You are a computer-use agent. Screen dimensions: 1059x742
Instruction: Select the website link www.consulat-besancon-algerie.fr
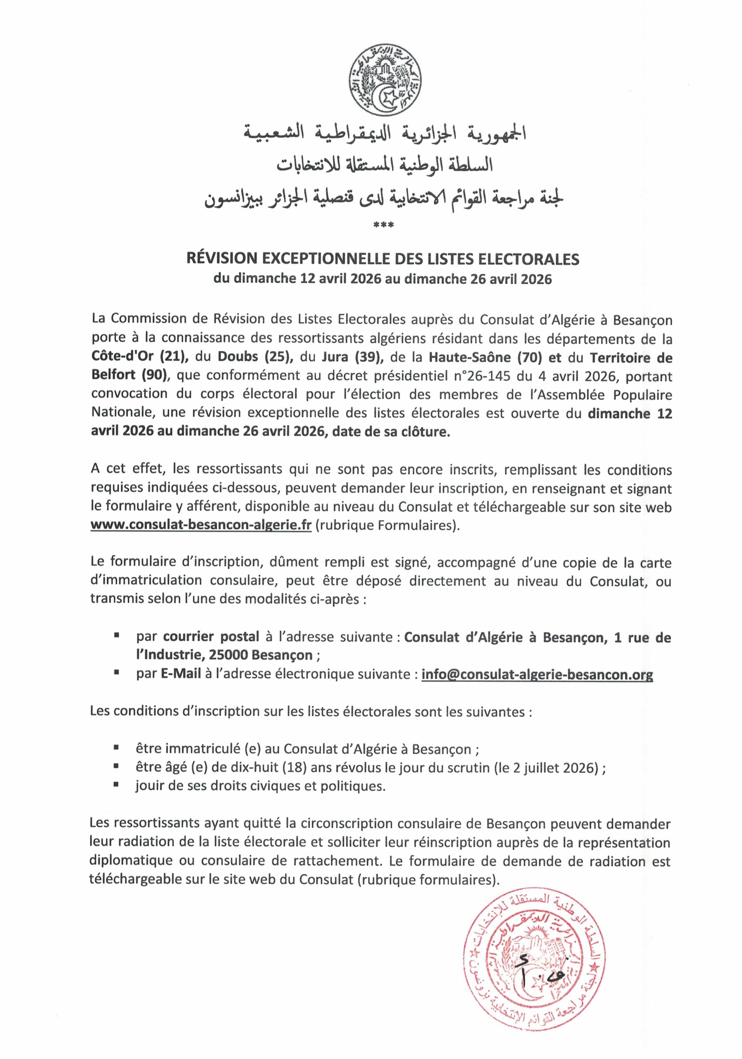[x=201, y=526]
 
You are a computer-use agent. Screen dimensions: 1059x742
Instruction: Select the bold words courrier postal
[x=211, y=637]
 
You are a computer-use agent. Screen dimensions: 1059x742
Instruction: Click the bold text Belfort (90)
[x=129, y=376]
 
